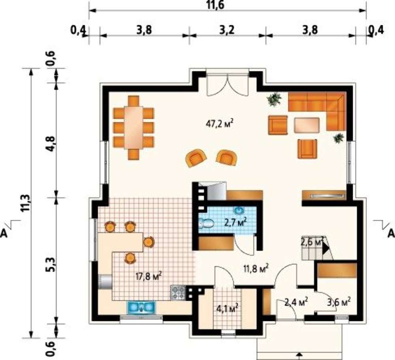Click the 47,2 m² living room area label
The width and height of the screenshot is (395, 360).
(x=219, y=124)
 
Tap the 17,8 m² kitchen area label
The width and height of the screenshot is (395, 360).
(x=149, y=276)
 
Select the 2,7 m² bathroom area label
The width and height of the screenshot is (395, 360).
(x=235, y=222)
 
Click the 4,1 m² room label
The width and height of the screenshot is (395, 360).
(x=228, y=307)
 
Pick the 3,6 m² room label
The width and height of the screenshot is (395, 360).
(x=339, y=301)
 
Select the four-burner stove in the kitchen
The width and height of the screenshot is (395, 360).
(x=178, y=293)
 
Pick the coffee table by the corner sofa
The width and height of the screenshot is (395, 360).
(x=307, y=125)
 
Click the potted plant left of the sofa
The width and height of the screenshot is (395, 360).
(x=274, y=99)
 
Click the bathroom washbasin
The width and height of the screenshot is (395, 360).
(x=238, y=210)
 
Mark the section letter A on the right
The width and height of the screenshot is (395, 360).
(x=391, y=233)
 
